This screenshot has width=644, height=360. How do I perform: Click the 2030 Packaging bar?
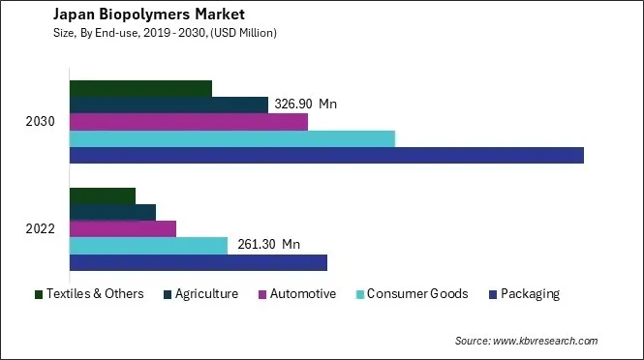(326, 155)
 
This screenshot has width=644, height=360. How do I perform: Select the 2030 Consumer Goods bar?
(232, 138)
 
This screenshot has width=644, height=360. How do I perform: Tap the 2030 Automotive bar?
(189, 122)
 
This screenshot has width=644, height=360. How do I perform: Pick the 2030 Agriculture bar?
(169, 105)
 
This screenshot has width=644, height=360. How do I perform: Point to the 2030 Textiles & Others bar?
(140, 89)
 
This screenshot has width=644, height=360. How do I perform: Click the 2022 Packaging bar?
(199, 262)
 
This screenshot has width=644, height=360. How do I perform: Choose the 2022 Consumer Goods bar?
(148, 246)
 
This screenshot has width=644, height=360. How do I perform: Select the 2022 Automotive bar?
(123, 228)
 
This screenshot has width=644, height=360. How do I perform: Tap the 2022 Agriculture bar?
(112, 212)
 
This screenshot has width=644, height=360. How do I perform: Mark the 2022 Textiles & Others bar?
(103, 195)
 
